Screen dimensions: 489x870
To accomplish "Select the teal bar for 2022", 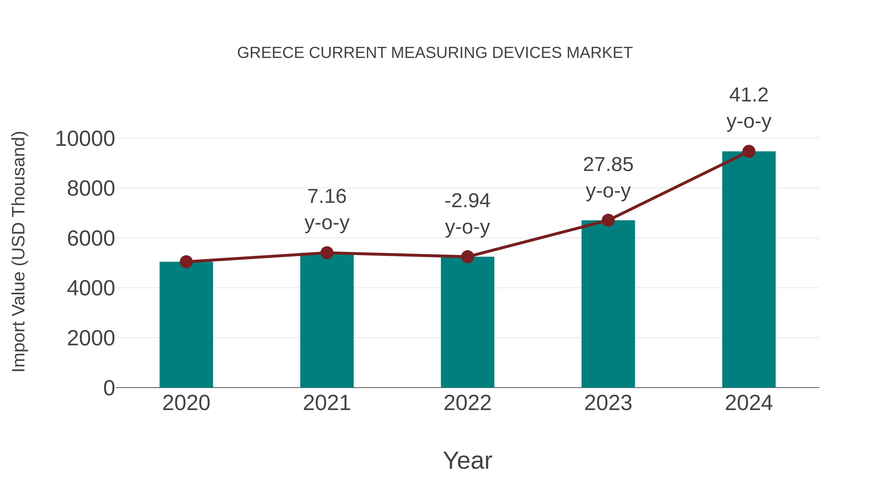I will [467, 322].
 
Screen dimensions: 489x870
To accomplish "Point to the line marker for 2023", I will [608, 220].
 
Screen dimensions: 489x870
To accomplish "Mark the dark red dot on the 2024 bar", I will [749, 151].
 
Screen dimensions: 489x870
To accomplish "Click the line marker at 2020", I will [186, 262].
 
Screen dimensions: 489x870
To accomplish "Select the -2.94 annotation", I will [467, 201].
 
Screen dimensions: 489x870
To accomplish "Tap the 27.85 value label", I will [608, 165].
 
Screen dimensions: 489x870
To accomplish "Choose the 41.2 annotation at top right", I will [749, 95].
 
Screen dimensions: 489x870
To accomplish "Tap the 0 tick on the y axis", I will [109, 388].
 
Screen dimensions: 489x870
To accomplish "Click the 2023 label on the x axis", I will [608, 403].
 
